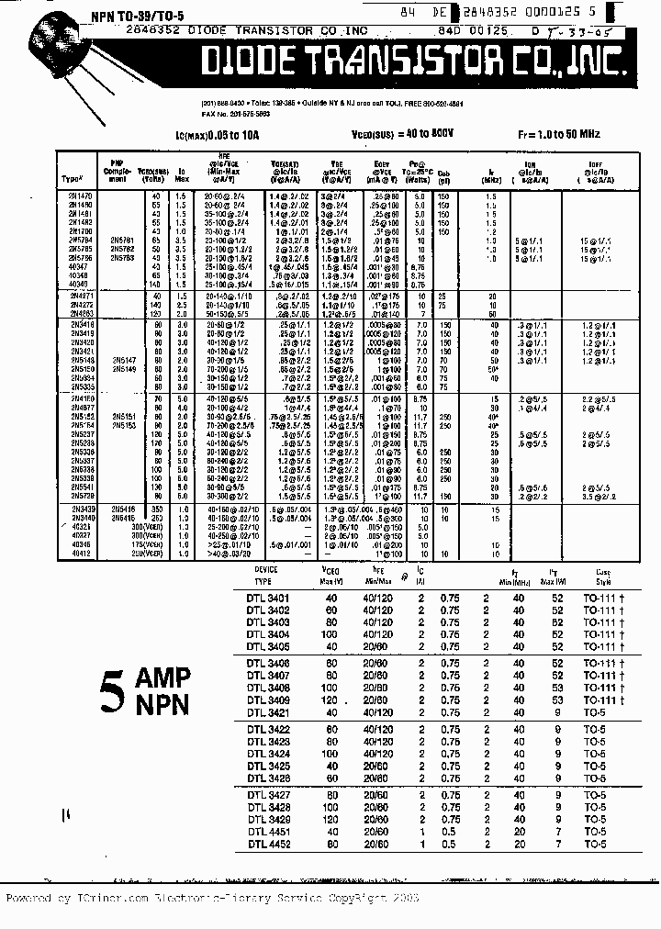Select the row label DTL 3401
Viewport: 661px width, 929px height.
[268, 599]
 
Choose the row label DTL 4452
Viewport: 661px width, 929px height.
[268, 844]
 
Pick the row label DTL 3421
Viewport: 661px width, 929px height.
[268, 712]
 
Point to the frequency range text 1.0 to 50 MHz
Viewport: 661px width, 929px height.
[569, 134]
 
